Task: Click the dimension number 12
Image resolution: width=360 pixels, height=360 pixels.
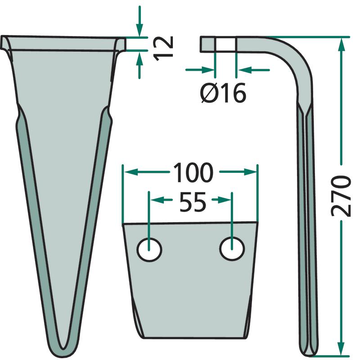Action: point(163,49)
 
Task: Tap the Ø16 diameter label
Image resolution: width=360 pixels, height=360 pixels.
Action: point(223,93)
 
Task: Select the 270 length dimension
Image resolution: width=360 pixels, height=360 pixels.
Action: point(341,196)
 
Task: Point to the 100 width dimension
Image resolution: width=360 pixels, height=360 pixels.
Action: point(193,172)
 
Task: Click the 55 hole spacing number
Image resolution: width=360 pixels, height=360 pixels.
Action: point(193,202)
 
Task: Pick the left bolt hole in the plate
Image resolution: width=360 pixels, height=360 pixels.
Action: point(149,250)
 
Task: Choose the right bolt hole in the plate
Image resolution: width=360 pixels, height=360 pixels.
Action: point(232,249)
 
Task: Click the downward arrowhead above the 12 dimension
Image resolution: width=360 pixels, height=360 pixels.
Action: point(139,31)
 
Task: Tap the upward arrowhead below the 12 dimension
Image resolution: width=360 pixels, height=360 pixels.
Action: point(139,58)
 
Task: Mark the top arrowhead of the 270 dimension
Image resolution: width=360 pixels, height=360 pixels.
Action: point(342,44)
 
